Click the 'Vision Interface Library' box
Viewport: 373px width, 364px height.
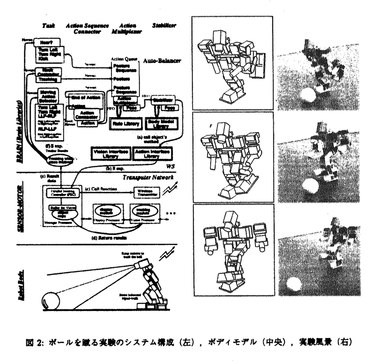point(109,153)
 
